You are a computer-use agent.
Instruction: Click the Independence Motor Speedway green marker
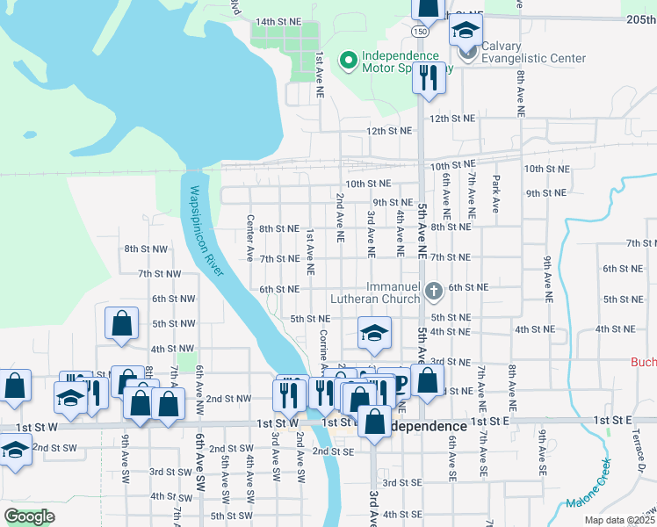(x=348, y=61)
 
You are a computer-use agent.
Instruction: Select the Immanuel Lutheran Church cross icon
(x=432, y=291)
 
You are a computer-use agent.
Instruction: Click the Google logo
(x=30, y=516)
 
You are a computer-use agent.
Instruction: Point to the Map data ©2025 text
(x=620, y=520)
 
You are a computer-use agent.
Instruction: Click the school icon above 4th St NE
(x=374, y=333)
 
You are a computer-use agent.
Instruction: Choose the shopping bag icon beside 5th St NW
(x=121, y=323)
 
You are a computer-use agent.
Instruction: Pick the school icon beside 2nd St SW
(x=14, y=450)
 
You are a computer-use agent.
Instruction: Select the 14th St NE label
(x=278, y=21)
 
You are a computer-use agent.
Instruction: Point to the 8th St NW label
(x=146, y=249)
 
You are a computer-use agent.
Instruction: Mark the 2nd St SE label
(x=332, y=451)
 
